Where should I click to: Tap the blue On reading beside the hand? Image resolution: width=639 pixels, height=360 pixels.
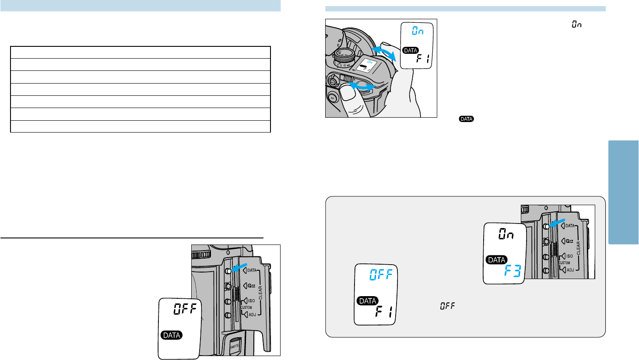coord(418,32)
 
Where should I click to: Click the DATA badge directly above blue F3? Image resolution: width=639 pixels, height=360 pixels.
coord(497,260)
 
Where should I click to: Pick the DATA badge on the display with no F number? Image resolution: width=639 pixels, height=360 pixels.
coord(172,336)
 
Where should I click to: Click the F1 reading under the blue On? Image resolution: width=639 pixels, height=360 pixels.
coord(422,59)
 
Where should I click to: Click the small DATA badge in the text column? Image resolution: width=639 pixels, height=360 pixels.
coord(467,119)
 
